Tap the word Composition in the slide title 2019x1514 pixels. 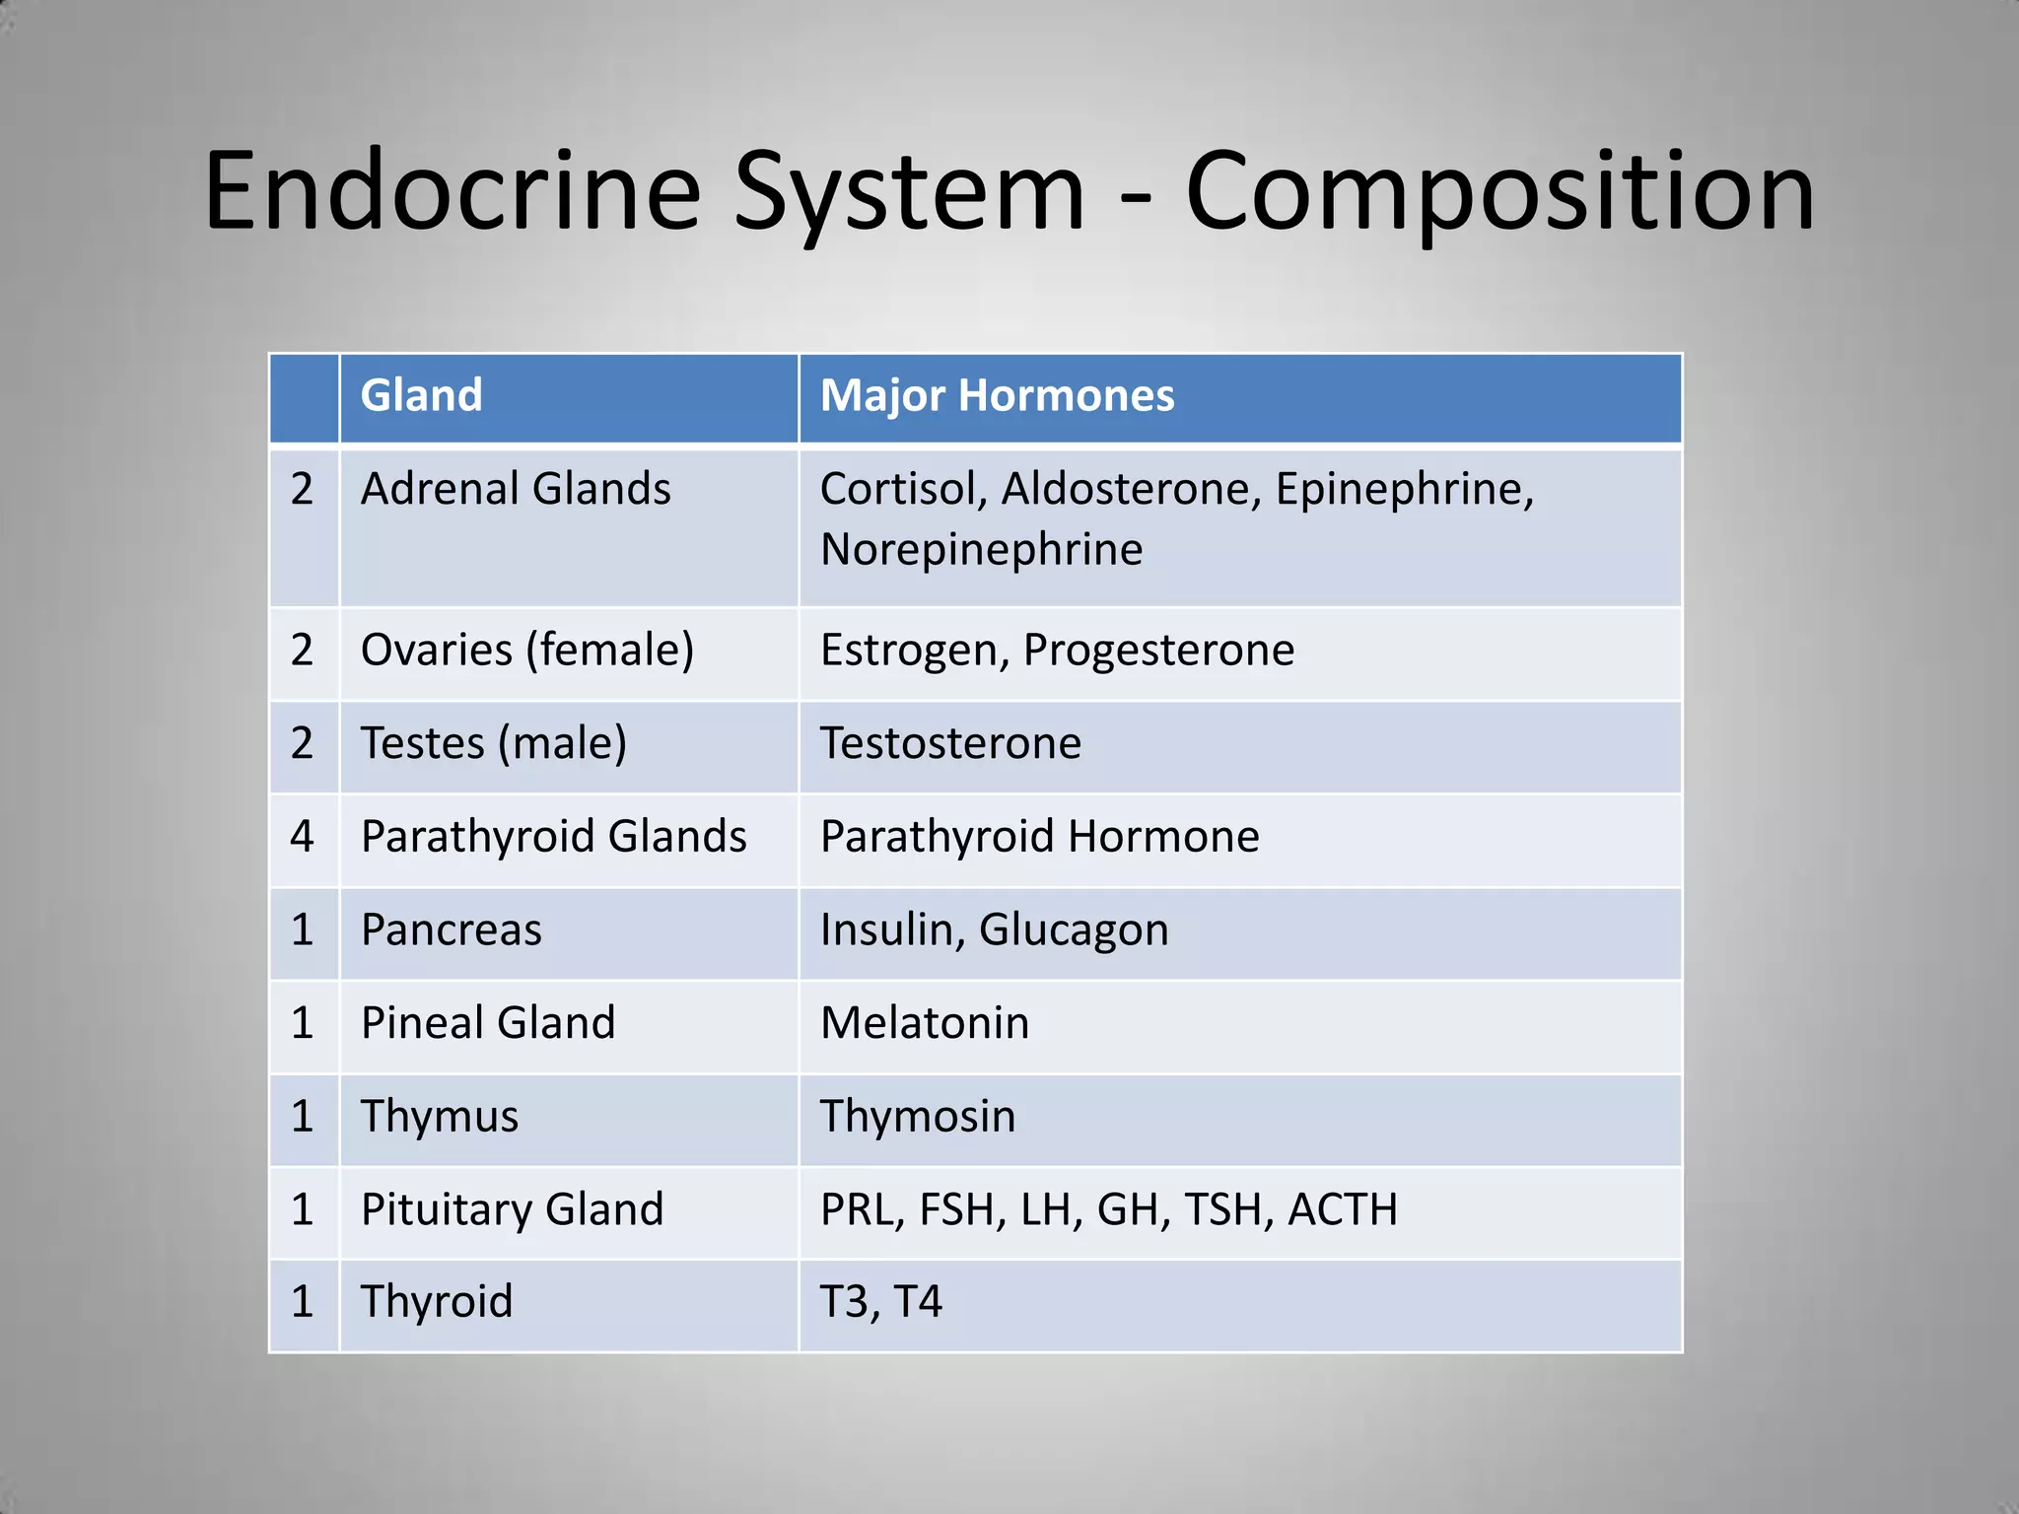[1498, 192]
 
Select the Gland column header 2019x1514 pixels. [422, 395]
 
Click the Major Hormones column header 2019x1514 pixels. [997, 395]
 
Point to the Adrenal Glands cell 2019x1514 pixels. [516, 489]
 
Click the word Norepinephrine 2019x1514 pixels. [981, 549]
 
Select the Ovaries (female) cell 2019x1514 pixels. [527, 651]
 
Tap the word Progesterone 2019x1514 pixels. [1158, 651]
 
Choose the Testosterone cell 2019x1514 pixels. [950, 743]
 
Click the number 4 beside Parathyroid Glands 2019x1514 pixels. [302, 837]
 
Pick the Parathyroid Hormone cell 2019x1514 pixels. [1039, 837]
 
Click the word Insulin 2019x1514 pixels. [891, 929]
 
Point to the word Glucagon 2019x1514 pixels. [1074, 930]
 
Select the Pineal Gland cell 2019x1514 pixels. [488, 1023]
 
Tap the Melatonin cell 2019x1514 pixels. [925, 1023]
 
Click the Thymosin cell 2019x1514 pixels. [918, 1117]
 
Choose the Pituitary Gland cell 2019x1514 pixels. [512, 1209]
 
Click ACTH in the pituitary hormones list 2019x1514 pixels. [1343, 1209]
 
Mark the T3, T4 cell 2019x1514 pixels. [880, 1302]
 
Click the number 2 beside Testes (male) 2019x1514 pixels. [302, 743]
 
